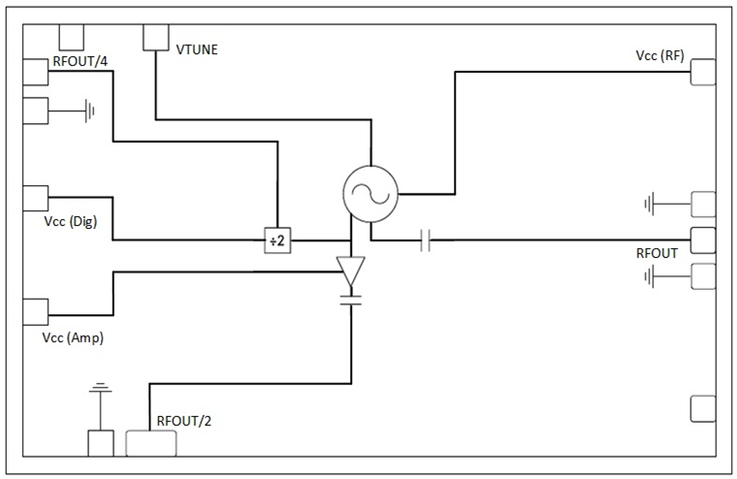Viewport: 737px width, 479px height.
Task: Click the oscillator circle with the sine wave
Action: pyautogui.click(x=370, y=192)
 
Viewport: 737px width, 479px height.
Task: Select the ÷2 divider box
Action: pyautogui.click(x=277, y=240)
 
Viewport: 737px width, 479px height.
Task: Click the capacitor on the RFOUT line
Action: pyautogui.click(x=425, y=239)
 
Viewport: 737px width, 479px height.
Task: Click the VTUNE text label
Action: pyautogui.click(x=197, y=49)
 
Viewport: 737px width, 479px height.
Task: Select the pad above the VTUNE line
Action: pyautogui.click(x=156, y=37)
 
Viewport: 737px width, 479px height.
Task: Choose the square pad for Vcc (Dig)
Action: pyautogui.click(x=35, y=198)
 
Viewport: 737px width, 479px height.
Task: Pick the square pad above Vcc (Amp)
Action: pyautogui.click(x=35, y=311)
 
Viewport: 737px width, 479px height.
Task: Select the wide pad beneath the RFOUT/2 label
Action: pyautogui.click(x=151, y=444)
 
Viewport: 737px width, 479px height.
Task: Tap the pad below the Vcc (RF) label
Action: pyautogui.click(x=702, y=73)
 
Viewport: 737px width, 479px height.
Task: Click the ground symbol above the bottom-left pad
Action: pyautogui.click(x=98, y=393)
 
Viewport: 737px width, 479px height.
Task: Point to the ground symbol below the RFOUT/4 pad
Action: pyautogui.click(x=89, y=111)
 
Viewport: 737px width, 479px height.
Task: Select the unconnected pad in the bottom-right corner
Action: pyautogui.click(x=702, y=408)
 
